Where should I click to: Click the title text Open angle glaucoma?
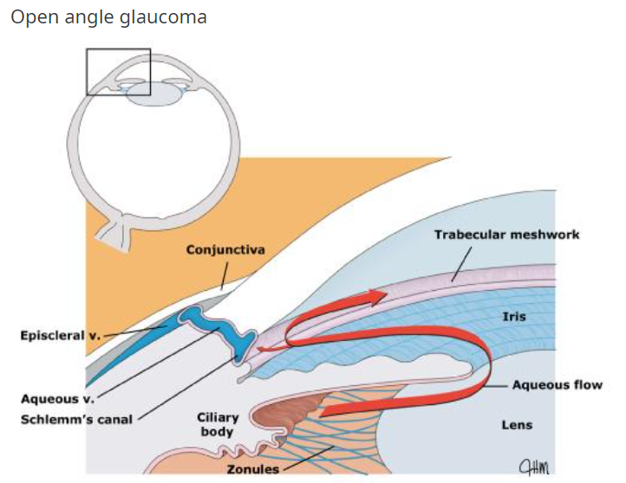pyautogui.click(x=108, y=17)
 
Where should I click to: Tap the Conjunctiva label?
pyautogui.click(x=225, y=250)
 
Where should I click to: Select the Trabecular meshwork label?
pyautogui.click(x=506, y=235)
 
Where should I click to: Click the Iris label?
pyautogui.click(x=514, y=317)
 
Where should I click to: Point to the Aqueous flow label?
pyautogui.click(x=557, y=385)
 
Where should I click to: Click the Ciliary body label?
pyautogui.click(x=218, y=424)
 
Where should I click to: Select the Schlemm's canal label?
pyautogui.click(x=77, y=420)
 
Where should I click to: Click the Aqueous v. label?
pyautogui.click(x=57, y=399)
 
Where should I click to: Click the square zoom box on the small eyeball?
pyautogui.click(x=119, y=72)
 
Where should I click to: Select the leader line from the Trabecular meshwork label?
pyautogui.click(x=461, y=261)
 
